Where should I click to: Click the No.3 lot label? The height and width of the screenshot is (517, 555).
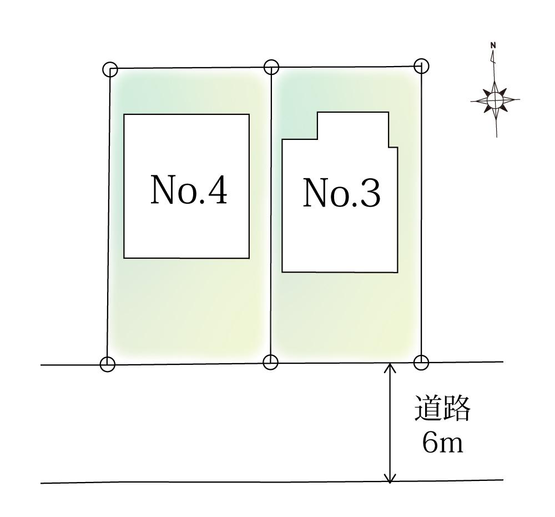pos(342,193)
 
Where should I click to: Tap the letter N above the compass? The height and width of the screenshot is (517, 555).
pos(493,46)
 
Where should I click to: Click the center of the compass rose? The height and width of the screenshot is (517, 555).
pos(495,100)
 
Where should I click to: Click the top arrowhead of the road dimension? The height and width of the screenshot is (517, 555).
pos(391,367)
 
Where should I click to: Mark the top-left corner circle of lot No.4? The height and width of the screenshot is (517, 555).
pos(110,69)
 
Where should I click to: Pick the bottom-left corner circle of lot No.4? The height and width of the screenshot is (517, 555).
pos(108,364)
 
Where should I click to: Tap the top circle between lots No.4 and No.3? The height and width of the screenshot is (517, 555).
pos(271,67)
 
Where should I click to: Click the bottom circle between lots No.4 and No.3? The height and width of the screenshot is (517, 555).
pos(270,362)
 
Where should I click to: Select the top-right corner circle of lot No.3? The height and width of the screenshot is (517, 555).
pos(422,66)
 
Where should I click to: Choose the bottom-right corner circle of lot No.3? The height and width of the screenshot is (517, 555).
pos(422,362)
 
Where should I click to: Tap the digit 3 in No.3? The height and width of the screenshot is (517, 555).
pos(370,193)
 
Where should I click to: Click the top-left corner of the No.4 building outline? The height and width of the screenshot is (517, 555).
pos(124,114)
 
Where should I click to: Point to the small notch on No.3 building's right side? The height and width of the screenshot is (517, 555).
pos(393,147)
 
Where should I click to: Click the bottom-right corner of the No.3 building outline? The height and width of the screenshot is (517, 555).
pos(397,272)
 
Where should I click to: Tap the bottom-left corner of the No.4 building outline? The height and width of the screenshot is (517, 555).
pos(124,258)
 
